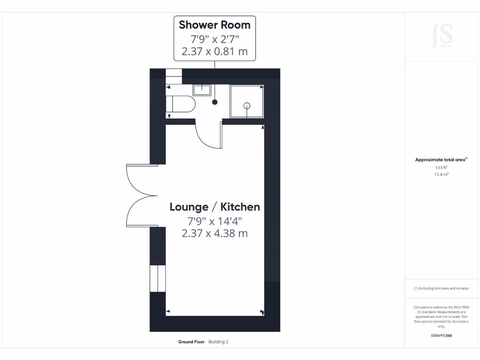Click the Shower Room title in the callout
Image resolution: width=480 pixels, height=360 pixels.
click(215, 25)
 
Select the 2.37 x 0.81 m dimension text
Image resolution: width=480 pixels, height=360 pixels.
click(215, 52)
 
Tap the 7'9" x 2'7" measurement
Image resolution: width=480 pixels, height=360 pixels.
click(215, 38)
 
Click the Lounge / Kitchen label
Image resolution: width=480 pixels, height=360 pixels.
click(215, 207)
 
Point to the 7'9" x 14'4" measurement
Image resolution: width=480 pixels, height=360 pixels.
click(215, 220)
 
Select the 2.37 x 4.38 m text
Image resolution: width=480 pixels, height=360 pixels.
click(215, 232)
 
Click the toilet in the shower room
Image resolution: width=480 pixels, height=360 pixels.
click(181, 104)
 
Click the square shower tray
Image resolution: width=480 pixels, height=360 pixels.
click(246, 101)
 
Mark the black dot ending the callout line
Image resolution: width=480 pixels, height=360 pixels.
click(215, 102)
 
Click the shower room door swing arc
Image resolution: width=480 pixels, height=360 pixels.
click(206, 136)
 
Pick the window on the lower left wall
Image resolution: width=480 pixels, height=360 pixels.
click(157, 278)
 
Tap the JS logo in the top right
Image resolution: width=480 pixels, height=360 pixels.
click(442, 37)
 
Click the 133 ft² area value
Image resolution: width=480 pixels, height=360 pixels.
click(441, 167)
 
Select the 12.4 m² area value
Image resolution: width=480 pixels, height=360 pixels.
click(441, 174)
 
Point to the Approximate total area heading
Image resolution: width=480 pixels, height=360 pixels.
click(441, 160)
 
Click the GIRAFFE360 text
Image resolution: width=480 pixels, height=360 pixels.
click(441, 336)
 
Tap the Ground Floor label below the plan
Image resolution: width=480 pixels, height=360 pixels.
click(191, 342)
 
